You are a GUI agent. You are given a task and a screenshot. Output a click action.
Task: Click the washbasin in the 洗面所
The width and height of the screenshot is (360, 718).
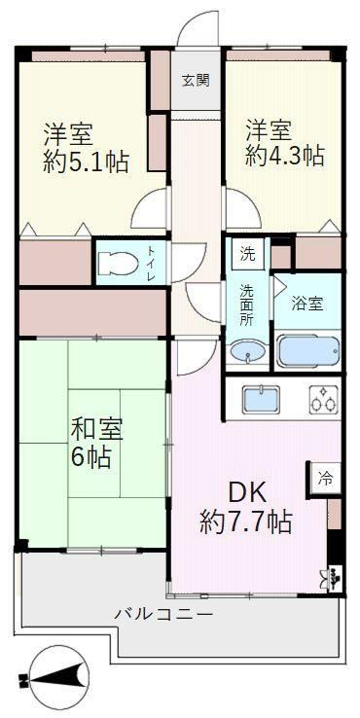248,352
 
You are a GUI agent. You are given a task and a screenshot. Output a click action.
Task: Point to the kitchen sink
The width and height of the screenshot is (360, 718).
262,398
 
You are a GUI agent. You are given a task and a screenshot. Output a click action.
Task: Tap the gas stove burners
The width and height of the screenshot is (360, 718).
324,398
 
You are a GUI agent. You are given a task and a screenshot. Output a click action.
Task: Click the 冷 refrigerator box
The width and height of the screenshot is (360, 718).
325,479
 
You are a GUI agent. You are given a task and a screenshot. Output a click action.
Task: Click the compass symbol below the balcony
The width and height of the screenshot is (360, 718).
54,676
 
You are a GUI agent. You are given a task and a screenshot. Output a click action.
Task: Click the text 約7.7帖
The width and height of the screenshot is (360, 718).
245,522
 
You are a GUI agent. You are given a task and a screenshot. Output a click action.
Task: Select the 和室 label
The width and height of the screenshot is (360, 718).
95,429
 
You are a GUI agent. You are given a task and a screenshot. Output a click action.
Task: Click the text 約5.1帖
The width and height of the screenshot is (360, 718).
86,162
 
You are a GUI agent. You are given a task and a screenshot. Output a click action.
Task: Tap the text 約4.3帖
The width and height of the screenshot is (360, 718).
285,156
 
